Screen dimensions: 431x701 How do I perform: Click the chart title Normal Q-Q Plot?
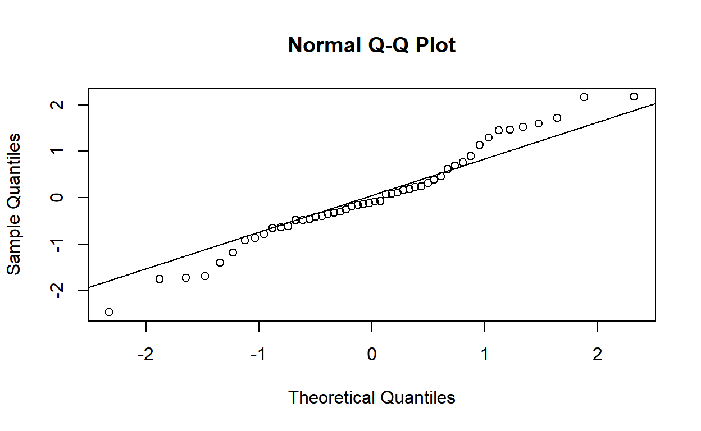point(371,45)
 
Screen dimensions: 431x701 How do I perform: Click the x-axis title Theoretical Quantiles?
point(371,397)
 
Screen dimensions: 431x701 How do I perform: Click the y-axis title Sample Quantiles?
point(15,204)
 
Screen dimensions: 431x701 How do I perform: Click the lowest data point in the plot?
point(109,312)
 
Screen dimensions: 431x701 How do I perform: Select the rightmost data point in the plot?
point(634,97)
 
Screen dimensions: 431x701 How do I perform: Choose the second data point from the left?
point(160,279)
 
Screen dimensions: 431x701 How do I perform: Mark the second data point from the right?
point(584,97)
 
